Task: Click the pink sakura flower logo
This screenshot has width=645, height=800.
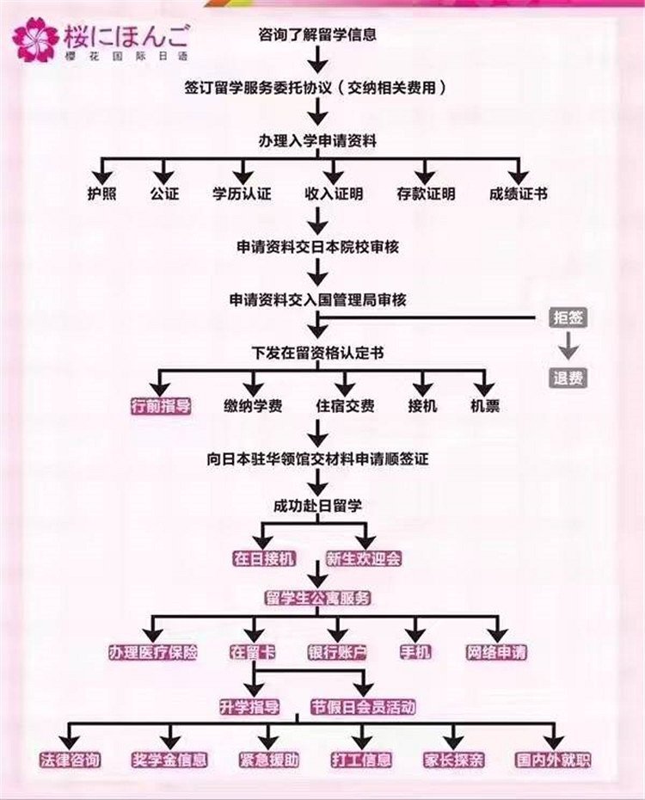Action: click(x=36, y=40)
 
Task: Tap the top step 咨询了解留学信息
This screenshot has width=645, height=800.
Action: click(x=317, y=35)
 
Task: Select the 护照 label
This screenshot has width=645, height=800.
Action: click(x=101, y=194)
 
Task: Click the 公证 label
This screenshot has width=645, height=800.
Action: click(x=164, y=194)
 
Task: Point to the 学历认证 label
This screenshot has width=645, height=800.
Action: click(x=242, y=194)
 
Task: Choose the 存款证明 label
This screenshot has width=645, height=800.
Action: click(x=426, y=194)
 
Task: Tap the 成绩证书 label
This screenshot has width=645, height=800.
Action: click(x=518, y=194)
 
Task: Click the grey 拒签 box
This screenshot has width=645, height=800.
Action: click(x=568, y=317)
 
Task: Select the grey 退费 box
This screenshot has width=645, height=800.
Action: click(x=568, y=378)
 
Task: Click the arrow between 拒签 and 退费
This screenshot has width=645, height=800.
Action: click(x=568, y=348)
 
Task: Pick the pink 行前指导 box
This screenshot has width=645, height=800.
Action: click(x=160, y=406)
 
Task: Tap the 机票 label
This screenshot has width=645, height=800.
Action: click(x=485, y=406)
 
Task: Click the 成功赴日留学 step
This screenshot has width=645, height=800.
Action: click(x=317, y=506)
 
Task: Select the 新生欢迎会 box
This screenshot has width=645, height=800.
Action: click(x=364, y=558)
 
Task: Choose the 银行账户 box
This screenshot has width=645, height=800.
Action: click(x=337, y=652)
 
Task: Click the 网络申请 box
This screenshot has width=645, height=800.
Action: click(x=496, y=652)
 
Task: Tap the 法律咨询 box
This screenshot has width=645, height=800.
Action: click(x=71, y=760)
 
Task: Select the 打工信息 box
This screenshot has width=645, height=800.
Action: click(x=361, y=760)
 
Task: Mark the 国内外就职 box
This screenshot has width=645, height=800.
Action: click(x=553, y=760)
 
